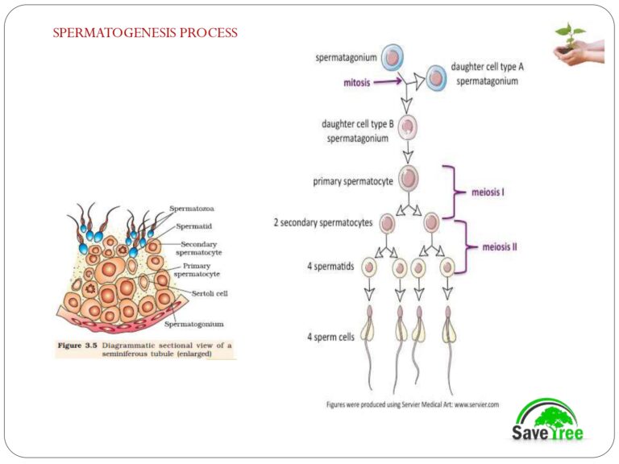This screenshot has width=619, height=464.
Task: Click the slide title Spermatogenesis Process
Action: tap(145, 33)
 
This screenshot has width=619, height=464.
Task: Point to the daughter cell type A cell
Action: tap(436, 78)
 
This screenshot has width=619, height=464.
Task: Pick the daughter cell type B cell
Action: tap(408, 127)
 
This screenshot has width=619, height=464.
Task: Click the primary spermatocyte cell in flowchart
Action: tap(409, 177)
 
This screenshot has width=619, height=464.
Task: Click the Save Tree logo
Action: tap(547, 420)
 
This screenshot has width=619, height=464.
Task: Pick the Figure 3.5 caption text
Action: tap(145, 350)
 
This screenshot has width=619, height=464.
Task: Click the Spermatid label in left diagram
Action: tap(193, 229)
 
